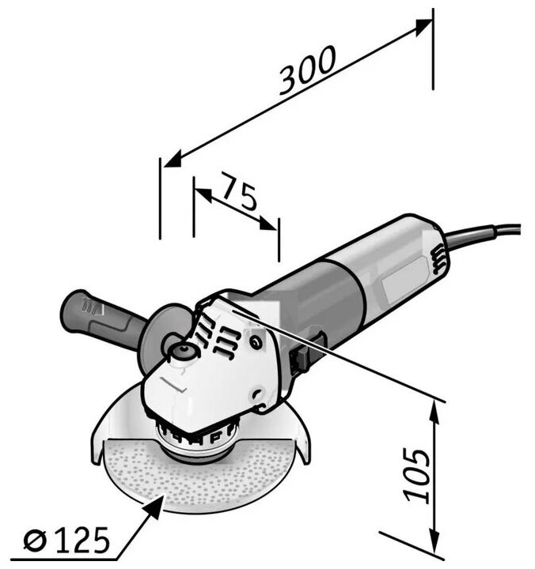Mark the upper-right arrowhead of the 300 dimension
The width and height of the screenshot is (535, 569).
click(425, 24)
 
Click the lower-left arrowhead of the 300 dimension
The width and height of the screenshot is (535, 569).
click(170, 161)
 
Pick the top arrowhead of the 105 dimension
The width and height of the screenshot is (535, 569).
click(434, 407)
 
